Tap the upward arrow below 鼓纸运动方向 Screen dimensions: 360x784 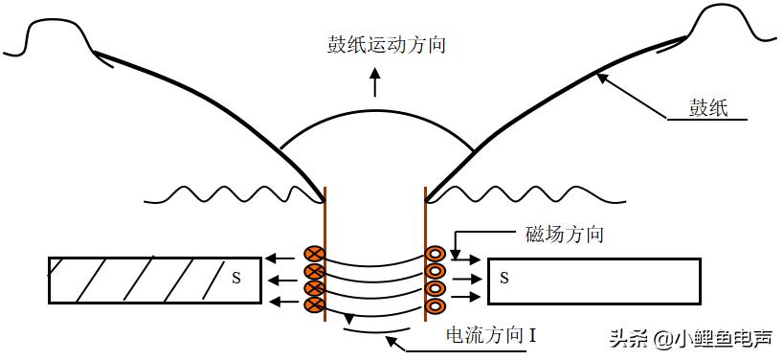374,85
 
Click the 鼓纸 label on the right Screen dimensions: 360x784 708,107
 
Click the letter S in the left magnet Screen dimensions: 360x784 235,279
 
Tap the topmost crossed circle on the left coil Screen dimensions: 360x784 312,255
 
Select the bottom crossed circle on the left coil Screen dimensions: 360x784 312,305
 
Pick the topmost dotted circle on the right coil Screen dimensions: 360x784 436,255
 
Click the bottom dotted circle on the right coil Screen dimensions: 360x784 436,305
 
